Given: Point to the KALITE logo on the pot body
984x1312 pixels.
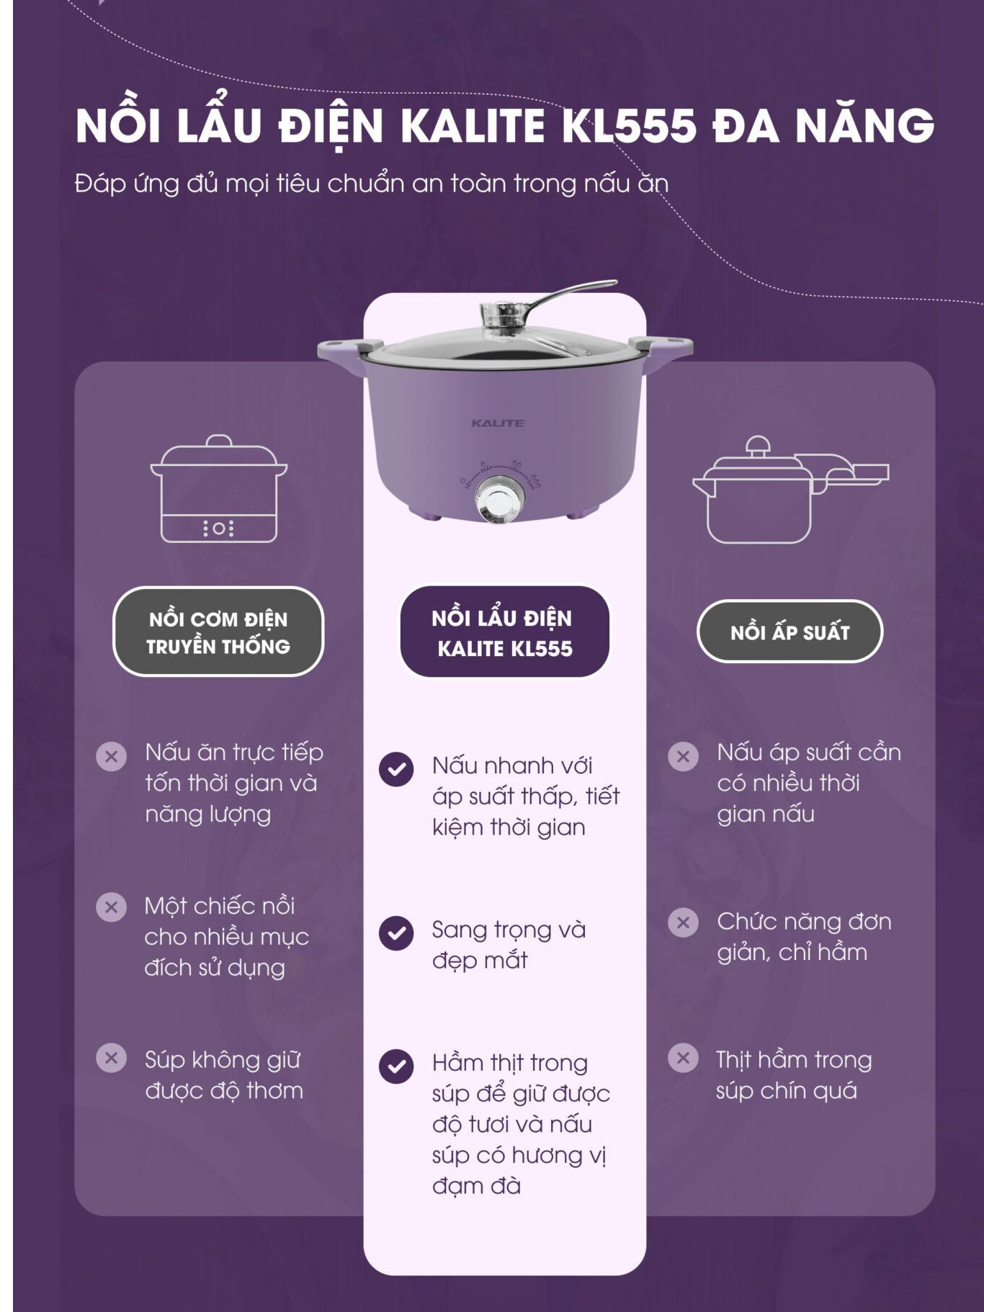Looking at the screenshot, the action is coord(498,423).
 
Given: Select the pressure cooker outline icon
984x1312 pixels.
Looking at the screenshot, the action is coord(790,490).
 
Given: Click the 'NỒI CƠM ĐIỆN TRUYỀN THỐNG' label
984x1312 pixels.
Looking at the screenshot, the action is coord(218,632).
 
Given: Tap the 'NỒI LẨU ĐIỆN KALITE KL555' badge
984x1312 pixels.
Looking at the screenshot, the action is coord(504,632).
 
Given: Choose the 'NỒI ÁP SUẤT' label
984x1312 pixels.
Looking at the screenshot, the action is coord(790,632).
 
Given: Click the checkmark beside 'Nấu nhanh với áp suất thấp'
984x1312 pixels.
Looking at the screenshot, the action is coord(396,769).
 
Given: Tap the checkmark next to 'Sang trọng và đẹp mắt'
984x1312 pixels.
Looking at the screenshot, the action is coord(396,933).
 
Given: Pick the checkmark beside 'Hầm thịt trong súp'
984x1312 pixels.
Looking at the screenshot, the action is coord(396,1066).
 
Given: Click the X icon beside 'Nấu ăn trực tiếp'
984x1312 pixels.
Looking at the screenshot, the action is coord(112,757).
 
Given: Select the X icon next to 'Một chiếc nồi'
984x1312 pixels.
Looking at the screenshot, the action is coord(112,907).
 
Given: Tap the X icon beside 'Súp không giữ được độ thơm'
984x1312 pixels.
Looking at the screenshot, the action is coord(112,1059).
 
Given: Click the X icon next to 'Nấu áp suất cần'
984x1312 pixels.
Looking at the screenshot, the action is coord(683,757).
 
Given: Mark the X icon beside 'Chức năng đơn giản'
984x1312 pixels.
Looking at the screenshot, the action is coord(683,922).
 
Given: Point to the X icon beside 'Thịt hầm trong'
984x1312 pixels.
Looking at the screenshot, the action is coord(683,1059).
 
